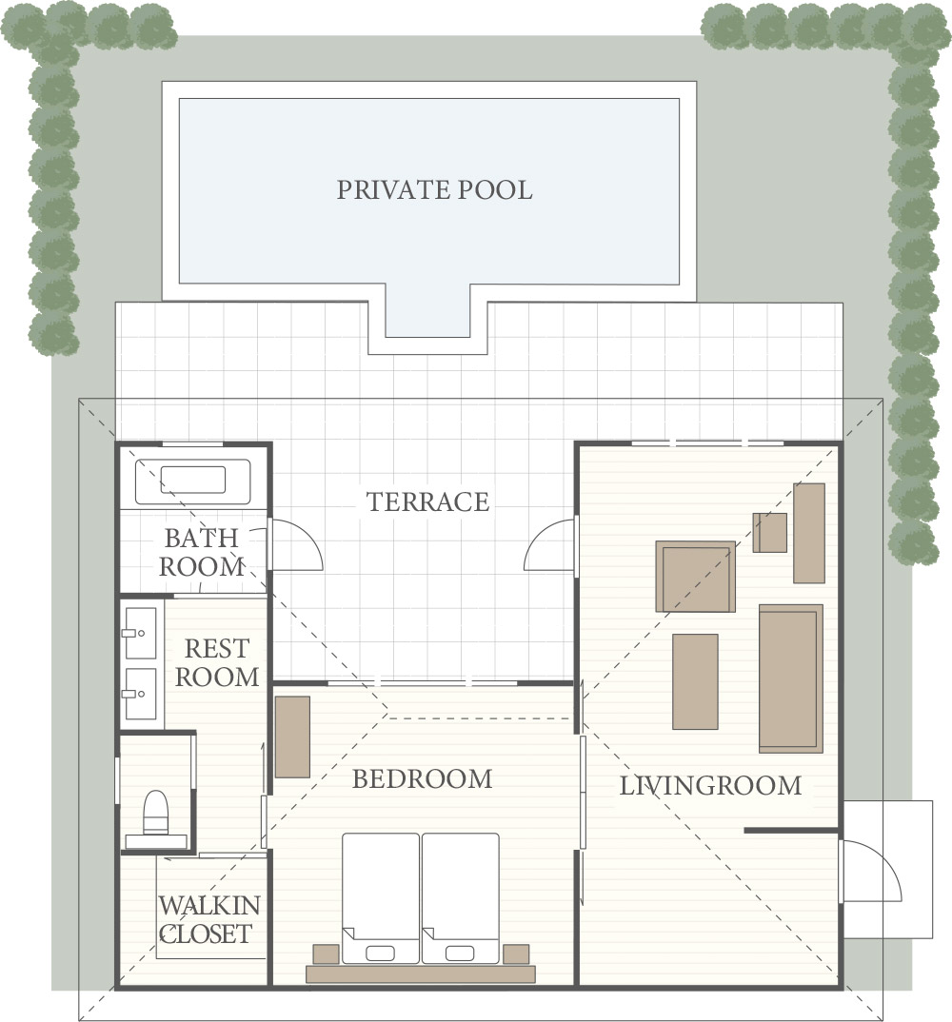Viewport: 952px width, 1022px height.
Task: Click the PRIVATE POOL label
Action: point(434,189)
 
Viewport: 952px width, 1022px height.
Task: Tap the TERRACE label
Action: point(427,501)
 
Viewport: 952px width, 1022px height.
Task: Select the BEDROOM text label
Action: point(422,779)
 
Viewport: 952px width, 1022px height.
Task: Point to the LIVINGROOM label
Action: point(710,786)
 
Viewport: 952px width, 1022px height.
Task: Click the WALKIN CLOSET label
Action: point(208,919)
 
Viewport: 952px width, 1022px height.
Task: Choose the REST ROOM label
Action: point(217,663)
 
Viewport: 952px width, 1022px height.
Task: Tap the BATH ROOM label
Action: point(202,553)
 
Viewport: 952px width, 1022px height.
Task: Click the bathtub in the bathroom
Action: point(192,481)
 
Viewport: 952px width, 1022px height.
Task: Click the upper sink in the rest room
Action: point(140,633)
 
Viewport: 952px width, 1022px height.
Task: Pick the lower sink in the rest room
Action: point(140,694)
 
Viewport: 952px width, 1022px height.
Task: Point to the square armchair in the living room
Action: point(695,577)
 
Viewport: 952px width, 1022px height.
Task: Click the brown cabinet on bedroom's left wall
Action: point(292,737)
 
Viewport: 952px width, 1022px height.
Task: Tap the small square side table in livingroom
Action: point(769,533)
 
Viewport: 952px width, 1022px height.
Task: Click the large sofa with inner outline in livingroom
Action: point(790,678)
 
